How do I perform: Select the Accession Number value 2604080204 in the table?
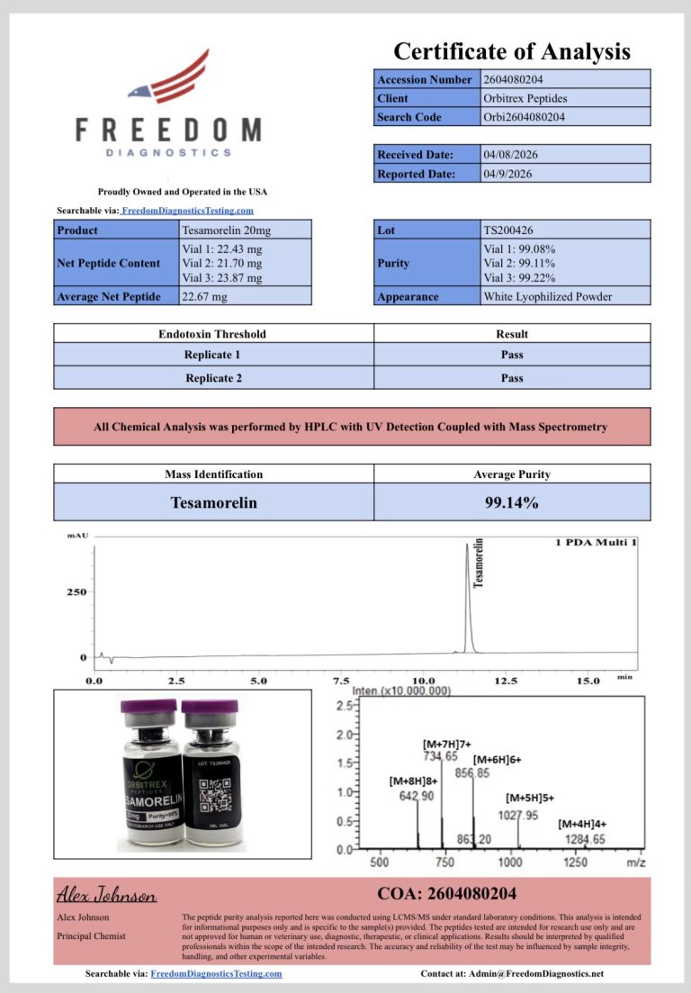click(x=513, y=79)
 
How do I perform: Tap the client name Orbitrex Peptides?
click(x=525, y=98)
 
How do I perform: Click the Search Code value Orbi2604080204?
click(x=525, y=117)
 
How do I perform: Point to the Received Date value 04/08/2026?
click(x=511, y=155)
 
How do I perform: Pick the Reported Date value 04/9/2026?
click(x=508, y=174)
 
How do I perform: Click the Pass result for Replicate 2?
click(x=512, y=378)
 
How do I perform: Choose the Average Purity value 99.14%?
click(x=512, y=502)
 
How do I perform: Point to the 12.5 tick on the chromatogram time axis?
click(x=506, y=682)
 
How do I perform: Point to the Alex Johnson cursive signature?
click(x=107, y=895)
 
